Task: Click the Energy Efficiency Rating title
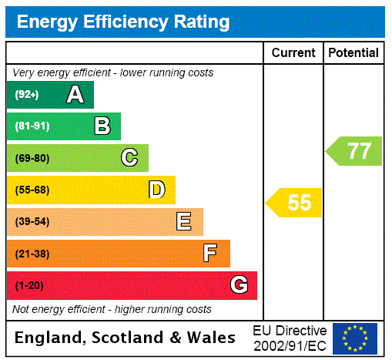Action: [x=123, y=22]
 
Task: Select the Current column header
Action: [x=293, y=53]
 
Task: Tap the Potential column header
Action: [x=353, y=53]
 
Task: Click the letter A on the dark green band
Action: [x=75, y=95]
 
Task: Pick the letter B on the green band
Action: [x=102, y=126]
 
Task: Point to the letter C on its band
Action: [x=129, y=158]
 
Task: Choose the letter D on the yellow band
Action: [x=157, y=190]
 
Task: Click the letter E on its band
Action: [x=184, y=222]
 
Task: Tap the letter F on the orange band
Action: [x=210, y=253]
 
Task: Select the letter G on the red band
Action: [x=239, y=285]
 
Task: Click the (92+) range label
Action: [x=27, y=96]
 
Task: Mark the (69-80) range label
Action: [x=32, y=159]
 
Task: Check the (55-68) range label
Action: [x=32, y=190]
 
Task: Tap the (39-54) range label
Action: [x=32, y=222]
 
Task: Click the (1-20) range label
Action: [x=29, y=286]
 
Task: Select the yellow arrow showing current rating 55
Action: [x=295, y=203]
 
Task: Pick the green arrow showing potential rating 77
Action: [x=354, y=150]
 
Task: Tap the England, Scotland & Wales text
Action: [x=126, y=338]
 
